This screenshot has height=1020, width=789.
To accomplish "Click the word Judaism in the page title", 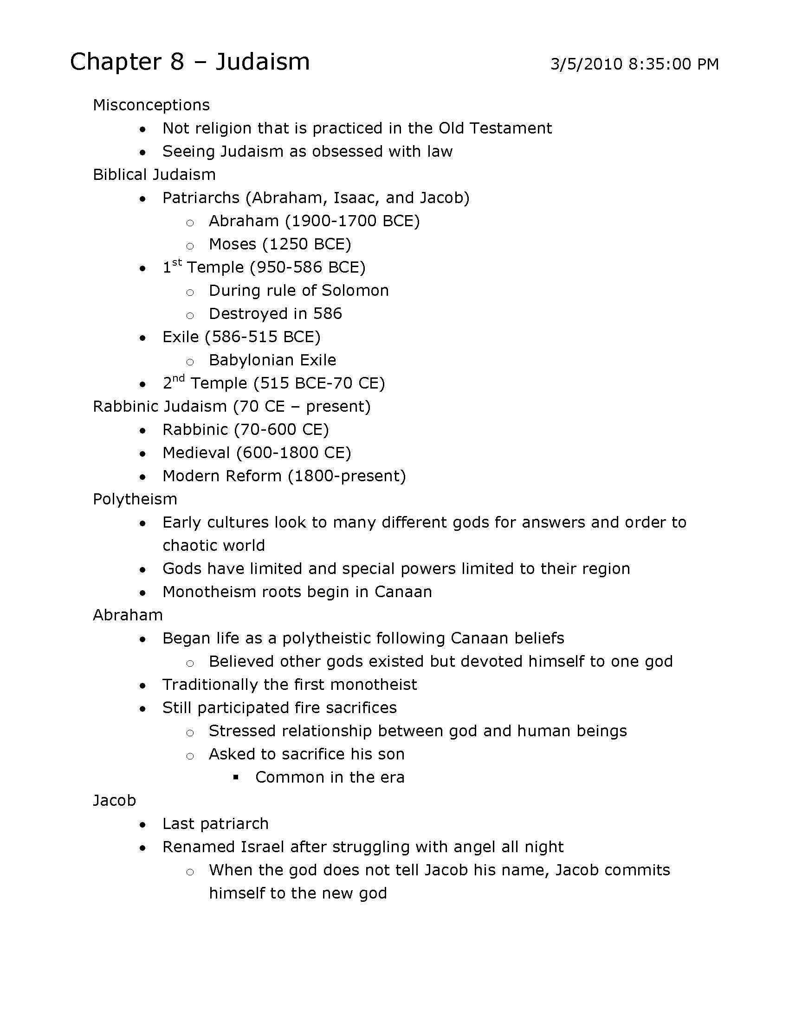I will (x=262, y=62).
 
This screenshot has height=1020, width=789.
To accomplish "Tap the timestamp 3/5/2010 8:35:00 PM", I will (x=634, y=64).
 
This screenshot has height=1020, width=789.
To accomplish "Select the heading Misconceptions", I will (x=151, y=105).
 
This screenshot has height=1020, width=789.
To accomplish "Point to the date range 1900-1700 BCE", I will (x=352, y=221).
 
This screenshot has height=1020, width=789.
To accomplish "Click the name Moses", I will (x=233, y=244).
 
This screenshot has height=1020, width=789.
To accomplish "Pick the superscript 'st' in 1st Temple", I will (x=177, y=262).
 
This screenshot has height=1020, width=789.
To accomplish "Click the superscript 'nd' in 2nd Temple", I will (x=179, y=378).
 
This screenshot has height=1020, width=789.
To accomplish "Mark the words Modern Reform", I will (x=222, y=476).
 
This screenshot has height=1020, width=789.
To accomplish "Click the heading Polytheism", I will (x=135, y=499).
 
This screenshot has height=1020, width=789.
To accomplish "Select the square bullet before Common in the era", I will (x=236, y=777).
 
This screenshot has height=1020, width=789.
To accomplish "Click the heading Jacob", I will (x=115, y=801).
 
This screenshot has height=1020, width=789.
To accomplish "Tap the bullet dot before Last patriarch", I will (x=143, y=824).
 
